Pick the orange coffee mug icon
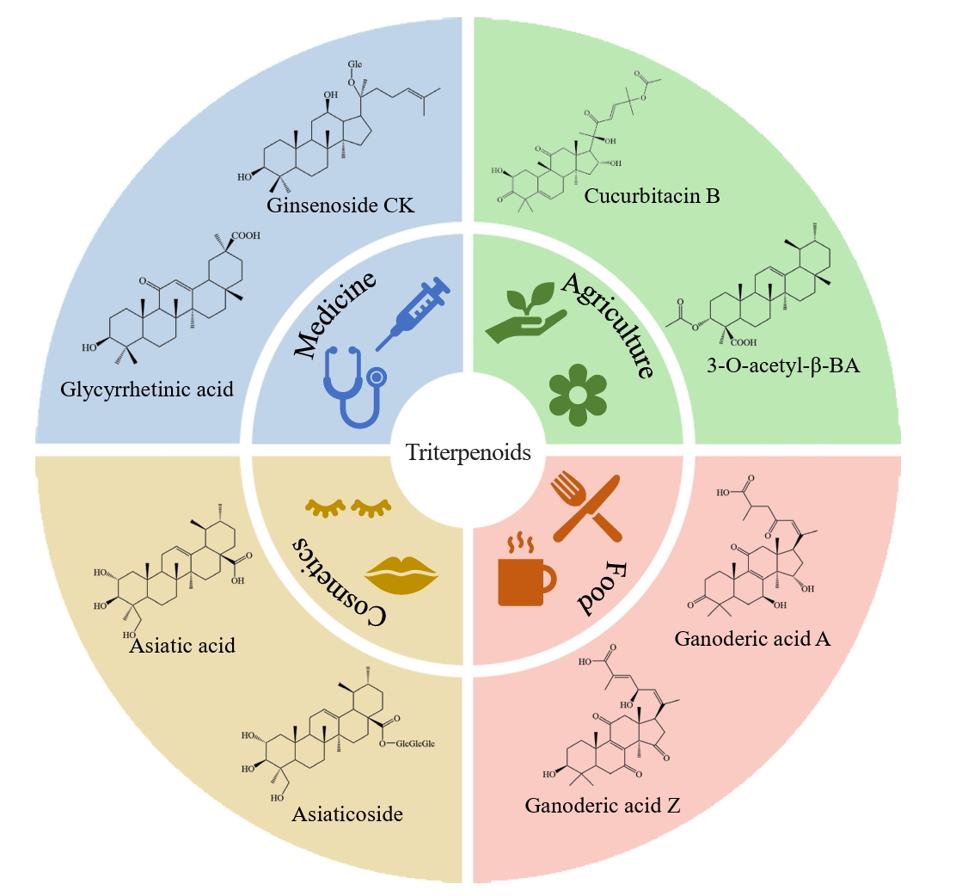(x=525, y=573)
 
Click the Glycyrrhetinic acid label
(x=147, y=390)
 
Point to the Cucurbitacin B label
(x=652, y=196)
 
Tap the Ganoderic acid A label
(x=751, y=638)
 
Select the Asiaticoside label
(x=347, y=813)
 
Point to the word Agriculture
(x=610, y=326)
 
